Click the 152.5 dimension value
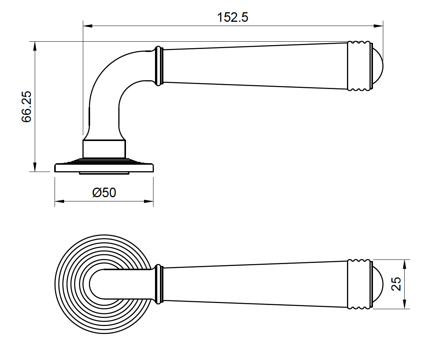[232, 17]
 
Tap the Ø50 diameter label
[104, 192]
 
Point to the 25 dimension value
[397, 284]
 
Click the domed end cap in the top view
[378, 284]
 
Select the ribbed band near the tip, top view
[359, 284]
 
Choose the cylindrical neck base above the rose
[104, 149]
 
